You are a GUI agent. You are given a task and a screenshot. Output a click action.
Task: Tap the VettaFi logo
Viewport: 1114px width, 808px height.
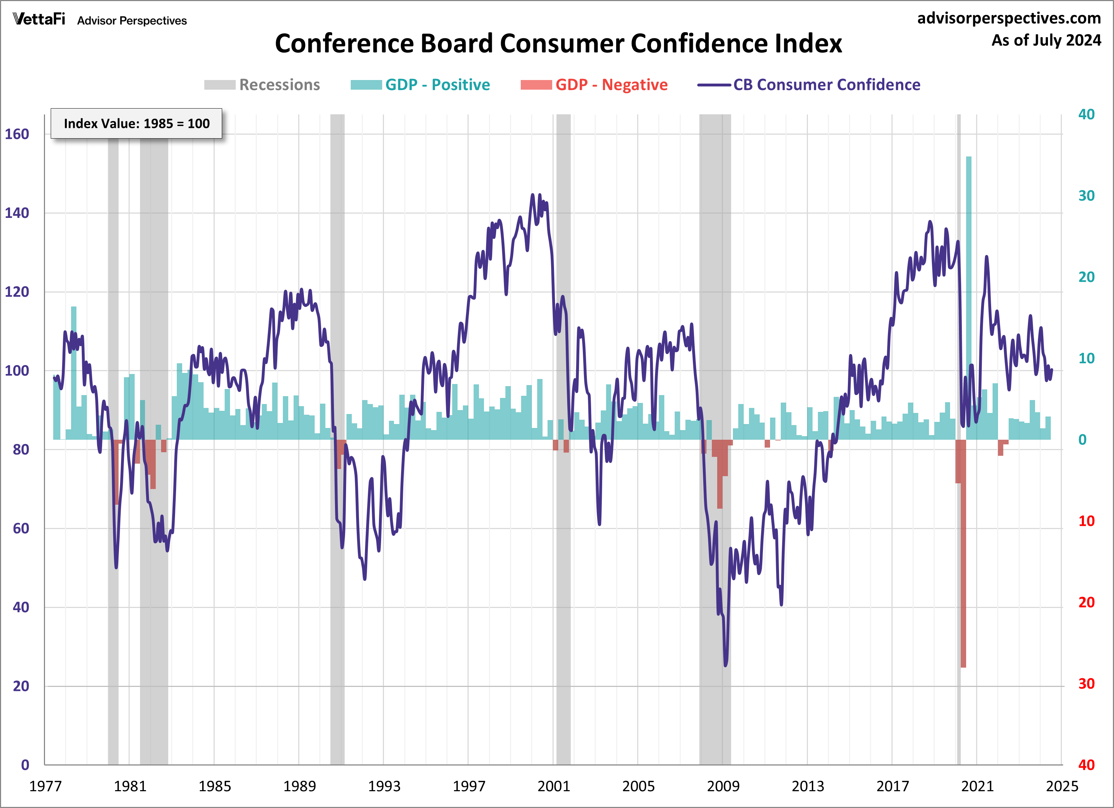tap(39, 19)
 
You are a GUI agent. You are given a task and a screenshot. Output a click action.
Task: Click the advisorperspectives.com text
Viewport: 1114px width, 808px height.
tap(1009, 18)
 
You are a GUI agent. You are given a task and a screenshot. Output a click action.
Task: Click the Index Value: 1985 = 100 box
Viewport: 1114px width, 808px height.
tap(136, 123)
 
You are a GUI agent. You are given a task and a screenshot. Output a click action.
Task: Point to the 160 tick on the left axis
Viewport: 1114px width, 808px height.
tap(17, 134)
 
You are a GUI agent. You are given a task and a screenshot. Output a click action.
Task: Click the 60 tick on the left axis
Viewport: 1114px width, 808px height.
tap(21, 529)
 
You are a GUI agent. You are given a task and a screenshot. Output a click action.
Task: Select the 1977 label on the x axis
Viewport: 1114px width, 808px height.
tap(45, 786)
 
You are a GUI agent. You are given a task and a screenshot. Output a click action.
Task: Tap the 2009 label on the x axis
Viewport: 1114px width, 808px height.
tap(723, 786)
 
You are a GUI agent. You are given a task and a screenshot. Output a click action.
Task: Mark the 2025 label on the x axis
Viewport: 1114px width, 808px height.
tap(1062, 786)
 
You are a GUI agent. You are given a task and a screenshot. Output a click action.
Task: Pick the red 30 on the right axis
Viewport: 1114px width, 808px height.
tap(1086, 684)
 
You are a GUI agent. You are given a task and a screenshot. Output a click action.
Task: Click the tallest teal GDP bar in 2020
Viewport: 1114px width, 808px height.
tap(969, 295)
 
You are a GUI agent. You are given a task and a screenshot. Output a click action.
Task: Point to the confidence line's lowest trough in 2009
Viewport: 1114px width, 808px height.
tap(725, 664)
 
